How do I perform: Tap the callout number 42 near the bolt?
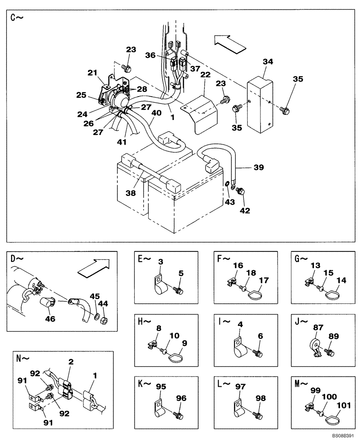(245, 210)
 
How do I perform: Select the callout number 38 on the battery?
(129, 193)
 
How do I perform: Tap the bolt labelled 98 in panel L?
(259, 415)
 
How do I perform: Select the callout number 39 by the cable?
(258, 168)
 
